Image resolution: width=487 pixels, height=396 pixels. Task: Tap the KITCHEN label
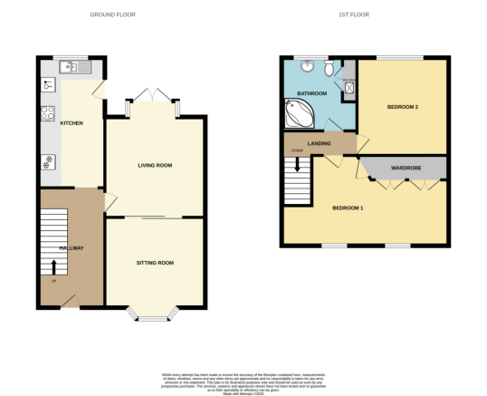click(72, 125)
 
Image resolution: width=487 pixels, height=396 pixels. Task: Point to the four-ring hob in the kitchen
click(47, 114)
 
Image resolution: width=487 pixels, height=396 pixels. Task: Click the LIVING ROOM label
click(155, 166)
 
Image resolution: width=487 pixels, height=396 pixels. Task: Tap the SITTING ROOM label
click(155, 263)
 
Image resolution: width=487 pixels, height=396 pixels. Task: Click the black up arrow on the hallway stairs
click(53, 266)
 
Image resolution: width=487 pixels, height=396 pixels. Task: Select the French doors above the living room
click(151, 95)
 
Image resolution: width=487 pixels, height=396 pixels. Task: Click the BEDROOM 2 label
click(403, 107)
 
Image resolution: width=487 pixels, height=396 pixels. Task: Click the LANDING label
click(319, 143)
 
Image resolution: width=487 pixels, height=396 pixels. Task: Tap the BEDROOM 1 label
click(348, 208)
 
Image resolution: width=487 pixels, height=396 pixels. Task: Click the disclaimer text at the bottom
click(243, 381)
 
